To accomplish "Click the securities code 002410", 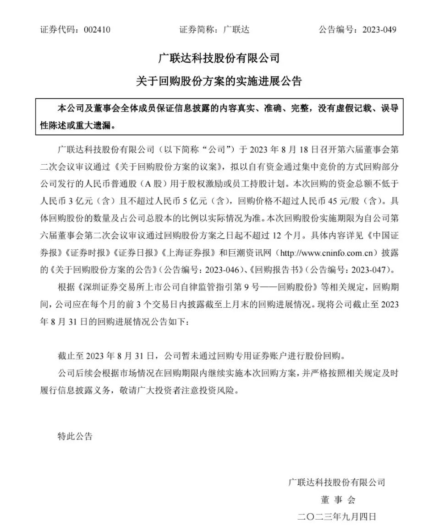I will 97,30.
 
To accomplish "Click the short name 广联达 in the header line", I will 236,30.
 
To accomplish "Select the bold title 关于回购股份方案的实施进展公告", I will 219,81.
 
